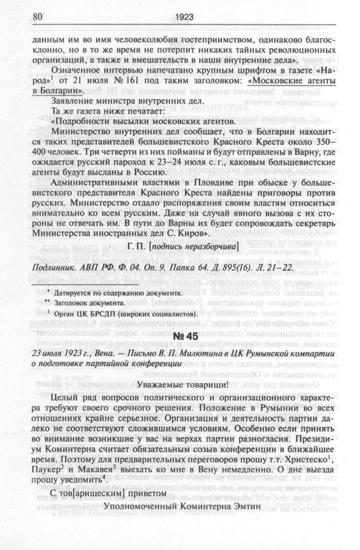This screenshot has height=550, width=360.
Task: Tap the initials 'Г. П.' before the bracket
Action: point(138,247)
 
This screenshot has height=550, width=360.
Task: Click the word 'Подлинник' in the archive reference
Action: point(51,267)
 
